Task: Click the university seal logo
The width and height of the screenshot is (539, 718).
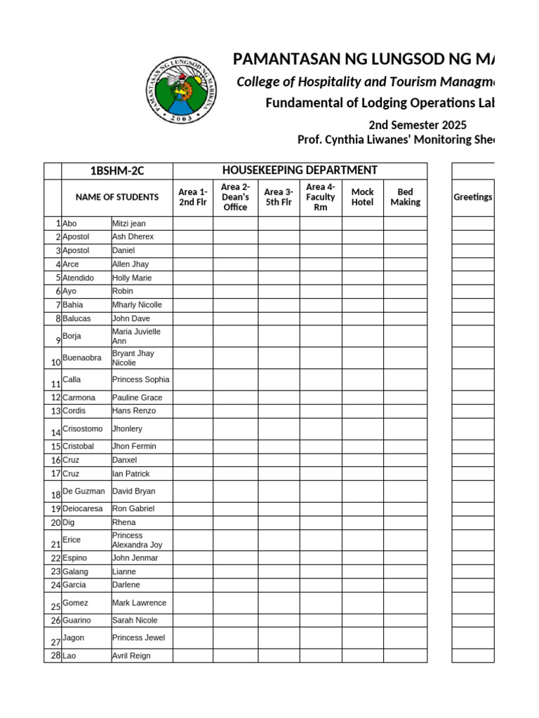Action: [x=180, y=90]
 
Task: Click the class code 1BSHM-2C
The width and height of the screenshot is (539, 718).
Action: [x=117, y=171]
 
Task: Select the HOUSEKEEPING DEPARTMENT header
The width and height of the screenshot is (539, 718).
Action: [x=300, y=170]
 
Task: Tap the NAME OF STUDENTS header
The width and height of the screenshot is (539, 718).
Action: [x=117, y=198]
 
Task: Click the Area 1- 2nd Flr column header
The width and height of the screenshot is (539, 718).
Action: [x=193, y=197]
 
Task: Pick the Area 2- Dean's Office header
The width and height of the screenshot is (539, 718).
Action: [x=235, y=197]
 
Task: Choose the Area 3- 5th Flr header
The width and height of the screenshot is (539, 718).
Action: [x=279, y=197]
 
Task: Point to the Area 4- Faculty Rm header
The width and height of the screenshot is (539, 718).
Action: [x=321, y=197]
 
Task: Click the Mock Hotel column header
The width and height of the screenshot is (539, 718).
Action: [x=362, y=197]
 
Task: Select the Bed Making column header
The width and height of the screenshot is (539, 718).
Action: [x=405, y=197]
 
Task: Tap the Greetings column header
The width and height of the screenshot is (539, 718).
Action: [x=472, y=197]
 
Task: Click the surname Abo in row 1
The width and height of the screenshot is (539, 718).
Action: [x=69, y=223]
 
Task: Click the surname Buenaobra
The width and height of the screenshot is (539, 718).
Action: [x=82, y=358]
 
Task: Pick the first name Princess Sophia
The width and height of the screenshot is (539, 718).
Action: [x=140, y=379]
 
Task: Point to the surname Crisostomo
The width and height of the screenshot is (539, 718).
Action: [x=82, y=428]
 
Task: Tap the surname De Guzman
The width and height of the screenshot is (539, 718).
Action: [x=84, y=492]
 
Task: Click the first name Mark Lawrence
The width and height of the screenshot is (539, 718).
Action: [x=139, y=603]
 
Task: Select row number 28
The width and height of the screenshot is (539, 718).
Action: [x=55, y=656]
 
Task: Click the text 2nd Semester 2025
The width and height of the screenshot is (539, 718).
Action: [x=417, y=126]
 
